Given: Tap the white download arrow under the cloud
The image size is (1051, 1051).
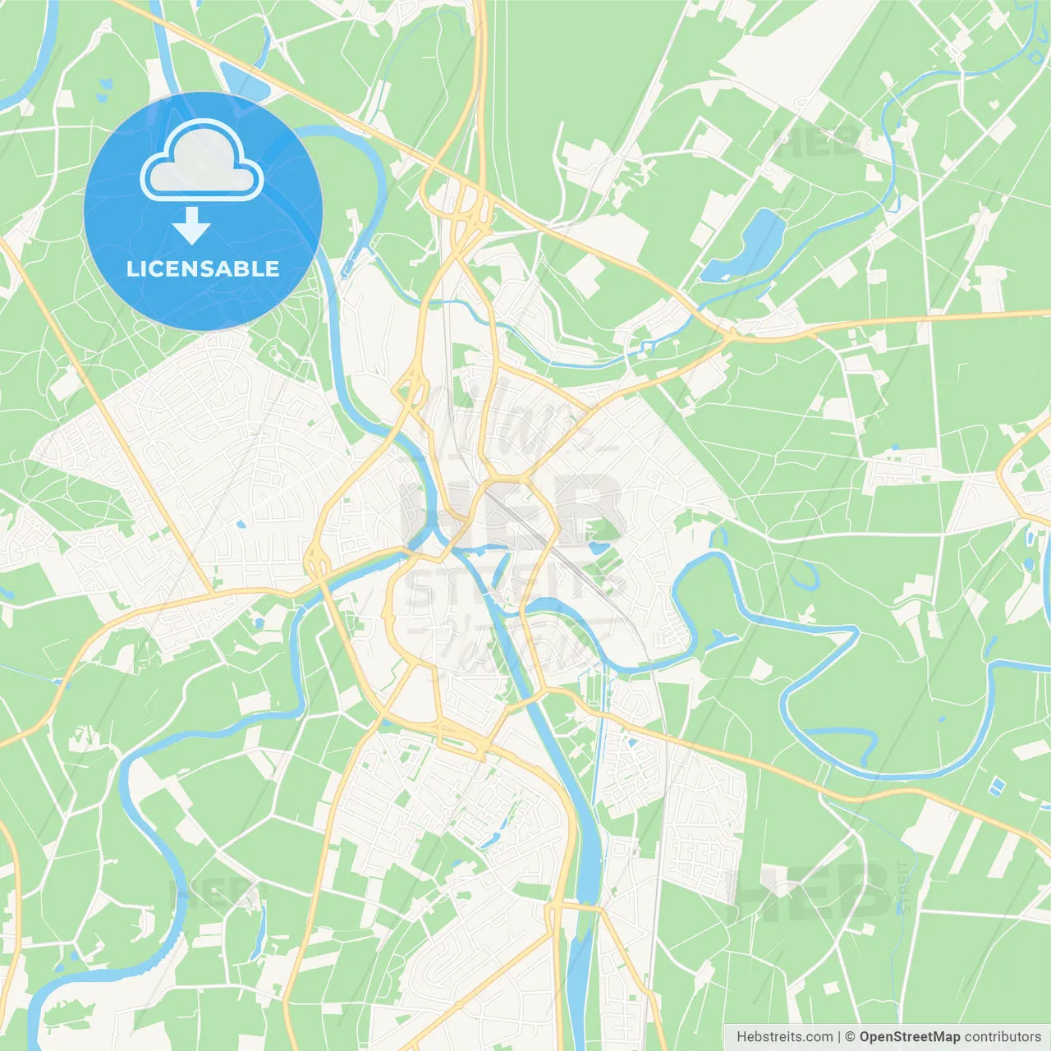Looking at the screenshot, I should (x=191, y=226).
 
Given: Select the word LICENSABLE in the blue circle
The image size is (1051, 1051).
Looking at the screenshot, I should (x=203, y=268).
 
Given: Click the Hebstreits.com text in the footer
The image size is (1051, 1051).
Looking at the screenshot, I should (x=784, y=1037).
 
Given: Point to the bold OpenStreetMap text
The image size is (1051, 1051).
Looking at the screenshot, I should (x=909, y=1037).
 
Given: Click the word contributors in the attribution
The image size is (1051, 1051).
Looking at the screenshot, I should (x=1003, y=1037).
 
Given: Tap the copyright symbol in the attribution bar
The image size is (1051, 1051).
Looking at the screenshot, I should (x=851, y=1037).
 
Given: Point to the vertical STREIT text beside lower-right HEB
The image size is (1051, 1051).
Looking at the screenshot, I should (x=904, y=887).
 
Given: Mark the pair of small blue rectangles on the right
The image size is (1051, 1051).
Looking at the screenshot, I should (x=996, y=786).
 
